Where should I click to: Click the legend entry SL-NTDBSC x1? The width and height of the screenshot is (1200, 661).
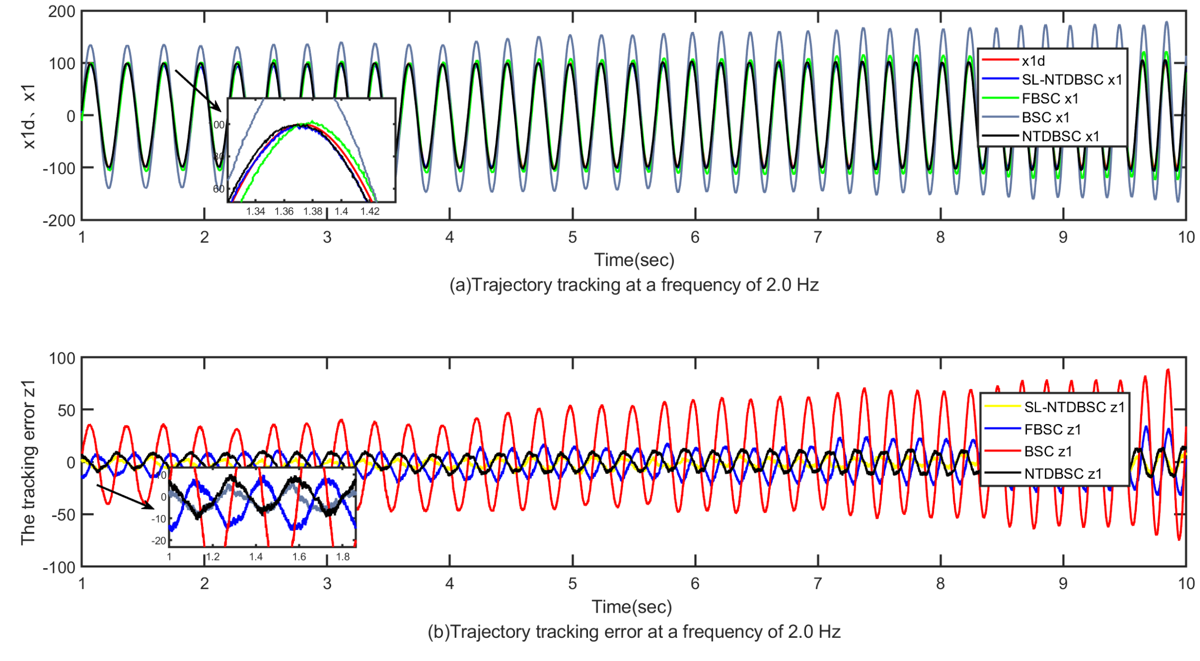click(1071, 80)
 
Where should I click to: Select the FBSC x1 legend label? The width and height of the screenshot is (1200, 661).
click(1050, 99)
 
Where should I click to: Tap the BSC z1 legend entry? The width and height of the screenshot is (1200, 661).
click(1048, 451)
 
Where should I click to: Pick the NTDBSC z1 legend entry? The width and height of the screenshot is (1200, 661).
click(1062, 473)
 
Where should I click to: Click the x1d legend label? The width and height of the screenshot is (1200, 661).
click(1033, 61)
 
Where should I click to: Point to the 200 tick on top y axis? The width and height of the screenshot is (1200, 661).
click(61, 12)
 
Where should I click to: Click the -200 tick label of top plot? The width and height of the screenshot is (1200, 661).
click(59, 220)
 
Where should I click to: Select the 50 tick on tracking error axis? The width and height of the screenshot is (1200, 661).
click(66, 411)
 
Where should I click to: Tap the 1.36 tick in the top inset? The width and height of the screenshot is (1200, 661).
click(284, 211)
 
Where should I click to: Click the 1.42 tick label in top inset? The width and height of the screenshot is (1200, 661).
click(370, 211)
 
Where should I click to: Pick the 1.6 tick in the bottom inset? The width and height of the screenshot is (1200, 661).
click(299, 557)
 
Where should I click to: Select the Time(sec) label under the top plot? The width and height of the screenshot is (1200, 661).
click(633, 260)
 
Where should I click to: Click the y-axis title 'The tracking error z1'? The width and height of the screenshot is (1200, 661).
click(28, 462)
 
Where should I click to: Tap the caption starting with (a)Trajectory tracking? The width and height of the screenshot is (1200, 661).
click(633, 285)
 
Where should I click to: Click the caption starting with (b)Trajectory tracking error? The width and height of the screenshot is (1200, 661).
click(633, 632)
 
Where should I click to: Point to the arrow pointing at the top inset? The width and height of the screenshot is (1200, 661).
click(197, 90)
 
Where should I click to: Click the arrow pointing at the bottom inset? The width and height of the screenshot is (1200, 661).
click(125, 496)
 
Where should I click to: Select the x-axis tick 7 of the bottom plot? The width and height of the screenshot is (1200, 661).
click(818, 584)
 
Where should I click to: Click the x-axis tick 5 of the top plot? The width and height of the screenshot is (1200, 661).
click(572, 237)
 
